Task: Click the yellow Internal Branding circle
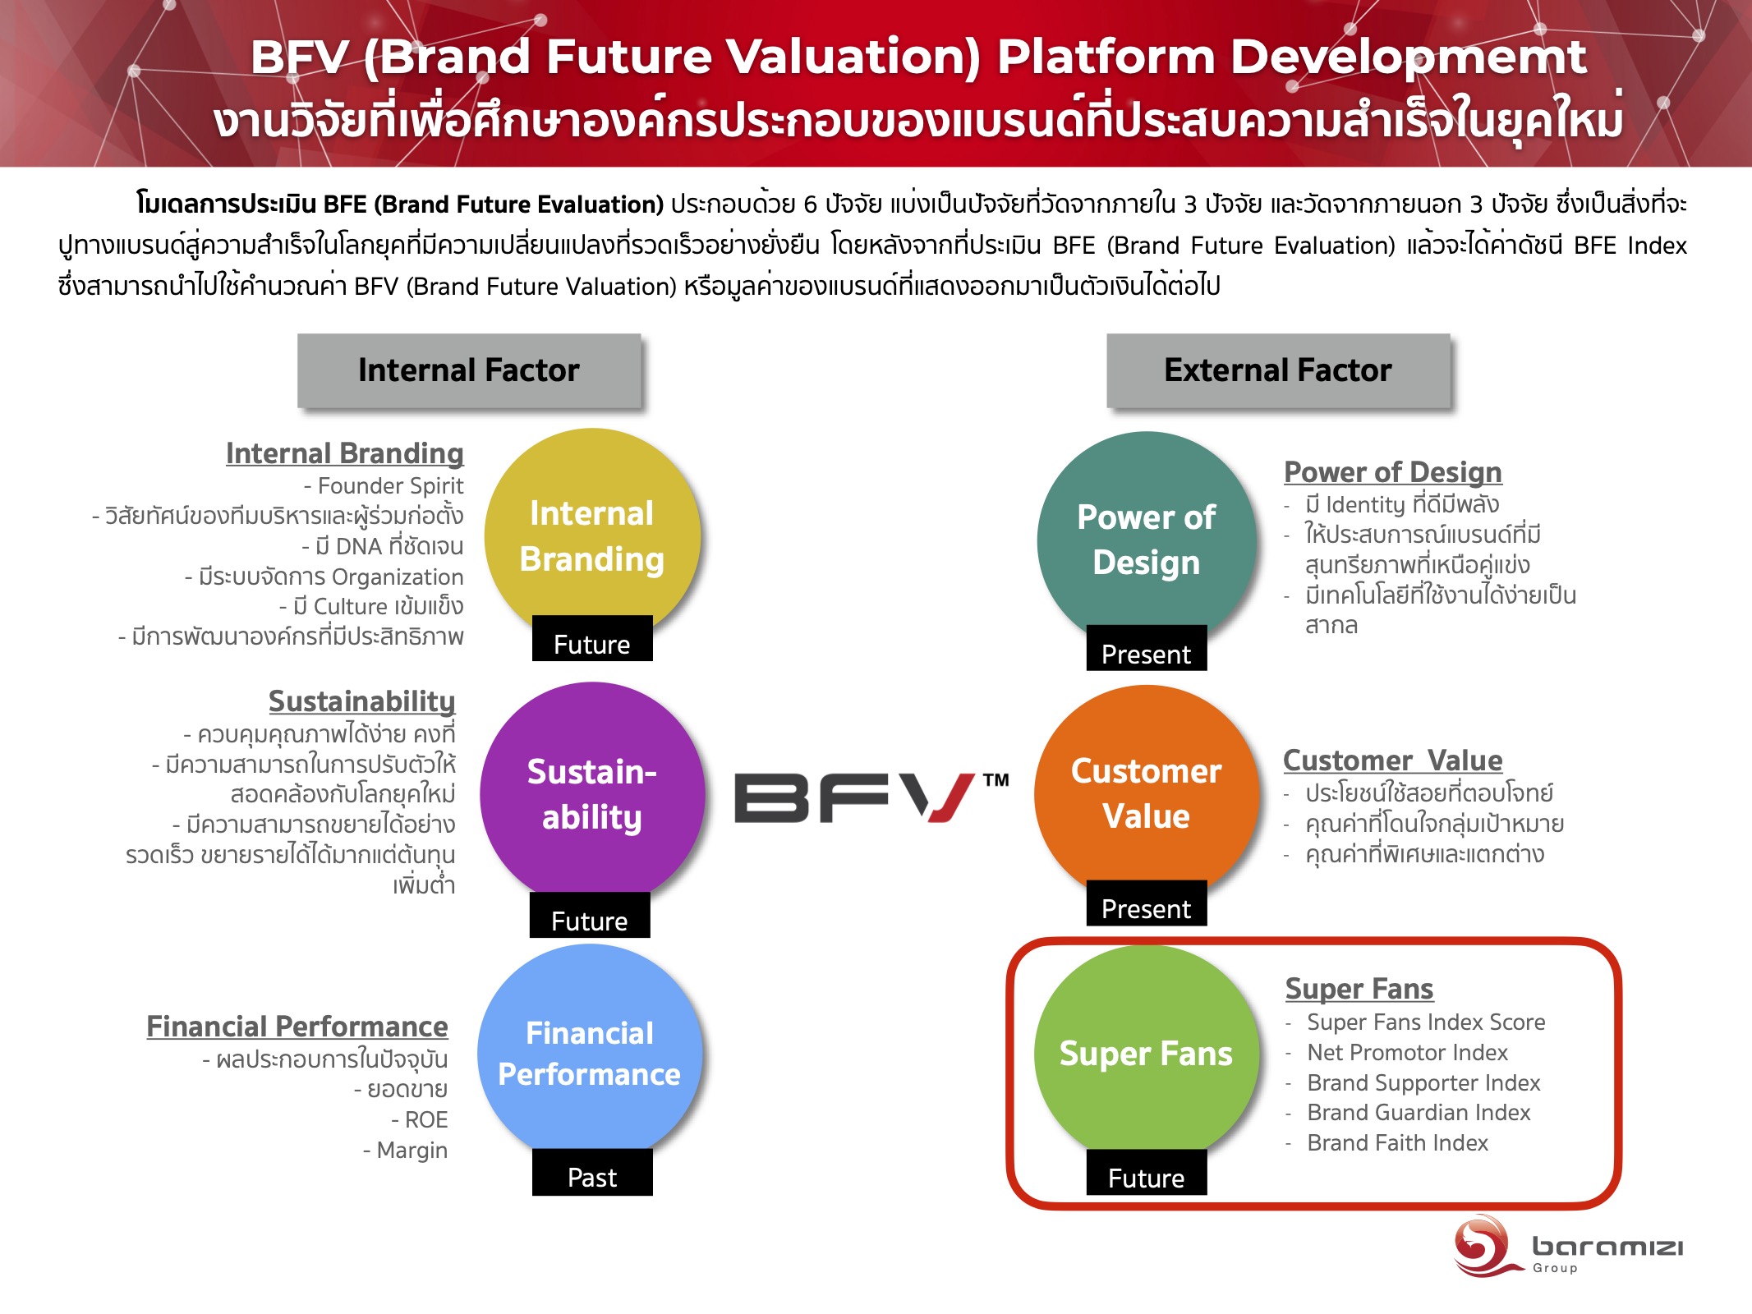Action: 592,536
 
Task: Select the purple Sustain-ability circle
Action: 592,793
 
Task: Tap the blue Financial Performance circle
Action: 590,1054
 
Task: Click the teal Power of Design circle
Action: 1147,540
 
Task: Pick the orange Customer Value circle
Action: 1147,793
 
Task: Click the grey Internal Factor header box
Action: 469,370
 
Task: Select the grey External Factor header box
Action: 1278,370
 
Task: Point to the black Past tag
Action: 592,1173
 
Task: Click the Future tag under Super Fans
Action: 1147,1173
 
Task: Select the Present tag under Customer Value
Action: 1147,903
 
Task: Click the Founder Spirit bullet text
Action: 384,486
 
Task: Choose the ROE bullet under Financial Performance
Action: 420,1120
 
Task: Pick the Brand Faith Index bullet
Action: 1397,1143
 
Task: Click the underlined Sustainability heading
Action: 361,702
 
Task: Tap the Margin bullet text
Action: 406,1151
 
